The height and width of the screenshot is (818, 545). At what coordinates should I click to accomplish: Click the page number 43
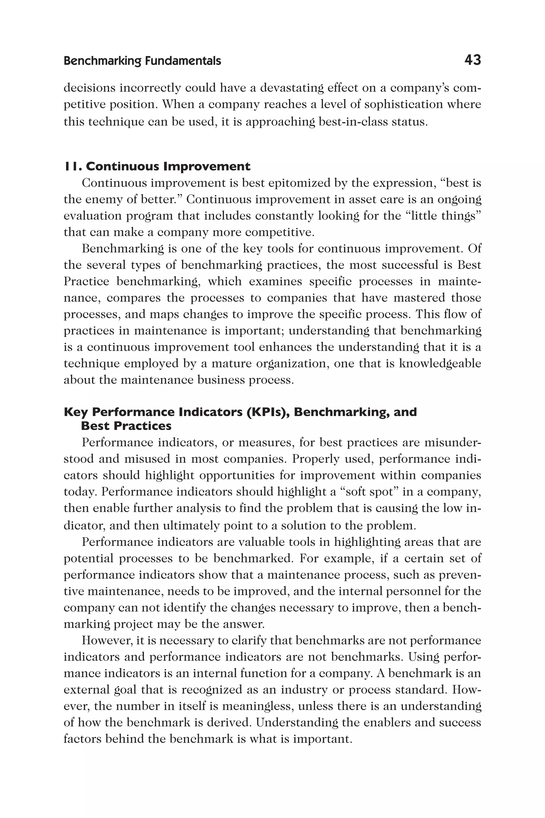coord(472,60)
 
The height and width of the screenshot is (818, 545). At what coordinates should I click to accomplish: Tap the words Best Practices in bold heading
coord(126,426)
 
